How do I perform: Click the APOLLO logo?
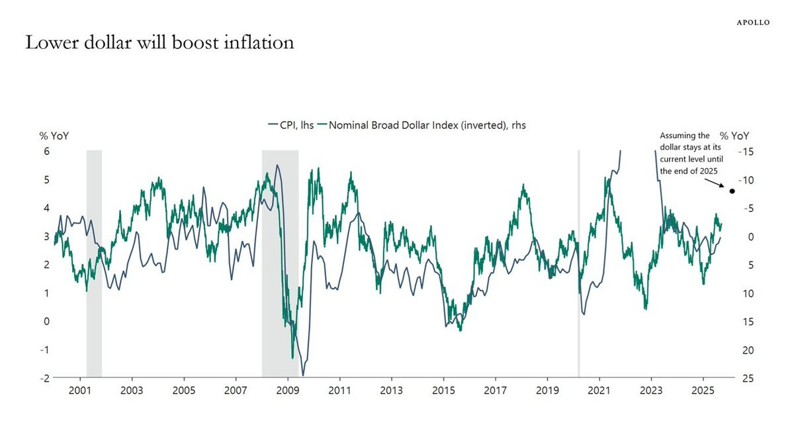pos(753,23)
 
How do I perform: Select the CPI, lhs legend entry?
pos(291,125)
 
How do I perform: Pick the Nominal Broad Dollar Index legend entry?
pos(421,125)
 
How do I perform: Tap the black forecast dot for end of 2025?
pos(732,191)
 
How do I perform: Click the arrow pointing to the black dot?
pos(715,183)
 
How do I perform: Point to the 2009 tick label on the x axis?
pos(287,391)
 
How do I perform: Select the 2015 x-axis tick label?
pos(443,391)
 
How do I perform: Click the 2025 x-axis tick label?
pos(703,391)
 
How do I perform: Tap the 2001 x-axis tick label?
pos(80,391)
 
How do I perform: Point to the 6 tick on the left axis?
pos(46,152)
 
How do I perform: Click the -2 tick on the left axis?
pos(45,379)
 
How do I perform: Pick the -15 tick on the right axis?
pos(746,152)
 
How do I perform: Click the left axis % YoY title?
pos(54,136)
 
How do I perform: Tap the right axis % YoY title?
pos(734,136)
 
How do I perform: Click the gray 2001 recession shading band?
pos(94,264)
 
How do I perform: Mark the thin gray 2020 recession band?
pos(579,264)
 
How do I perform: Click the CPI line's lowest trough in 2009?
pos(303,375)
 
